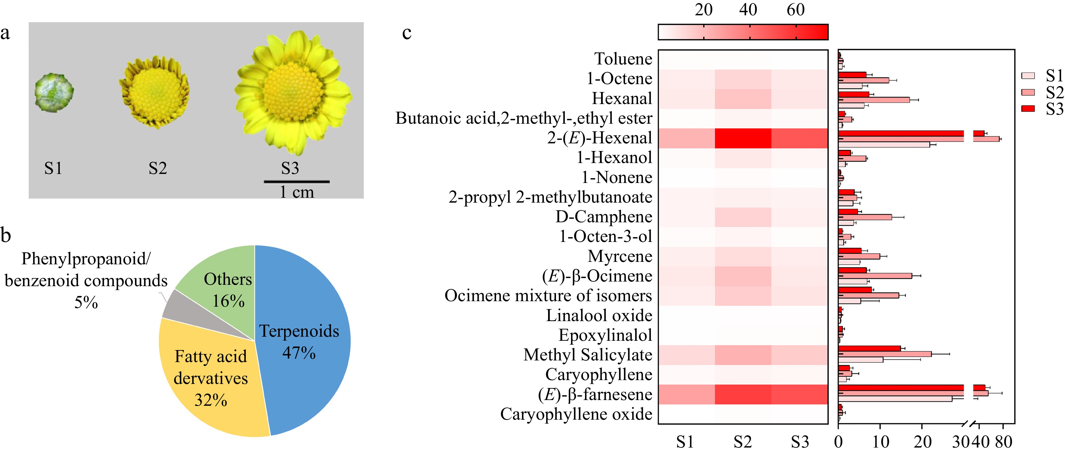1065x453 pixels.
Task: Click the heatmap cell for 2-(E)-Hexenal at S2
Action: [743, 138]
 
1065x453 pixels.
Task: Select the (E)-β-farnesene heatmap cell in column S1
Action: [686, 394]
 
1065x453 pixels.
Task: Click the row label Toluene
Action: [623, 59]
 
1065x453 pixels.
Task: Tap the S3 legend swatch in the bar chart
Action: [1028, 109]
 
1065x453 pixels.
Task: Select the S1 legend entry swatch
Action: [1028, 76]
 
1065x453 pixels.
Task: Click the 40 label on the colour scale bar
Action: [748, 10]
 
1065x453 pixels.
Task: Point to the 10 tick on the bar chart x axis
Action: [881, 442]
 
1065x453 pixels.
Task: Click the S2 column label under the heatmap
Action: [743, 442]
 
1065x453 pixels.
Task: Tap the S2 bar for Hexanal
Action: [873, 100]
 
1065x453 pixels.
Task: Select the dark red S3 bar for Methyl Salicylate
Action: [869, 348]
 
